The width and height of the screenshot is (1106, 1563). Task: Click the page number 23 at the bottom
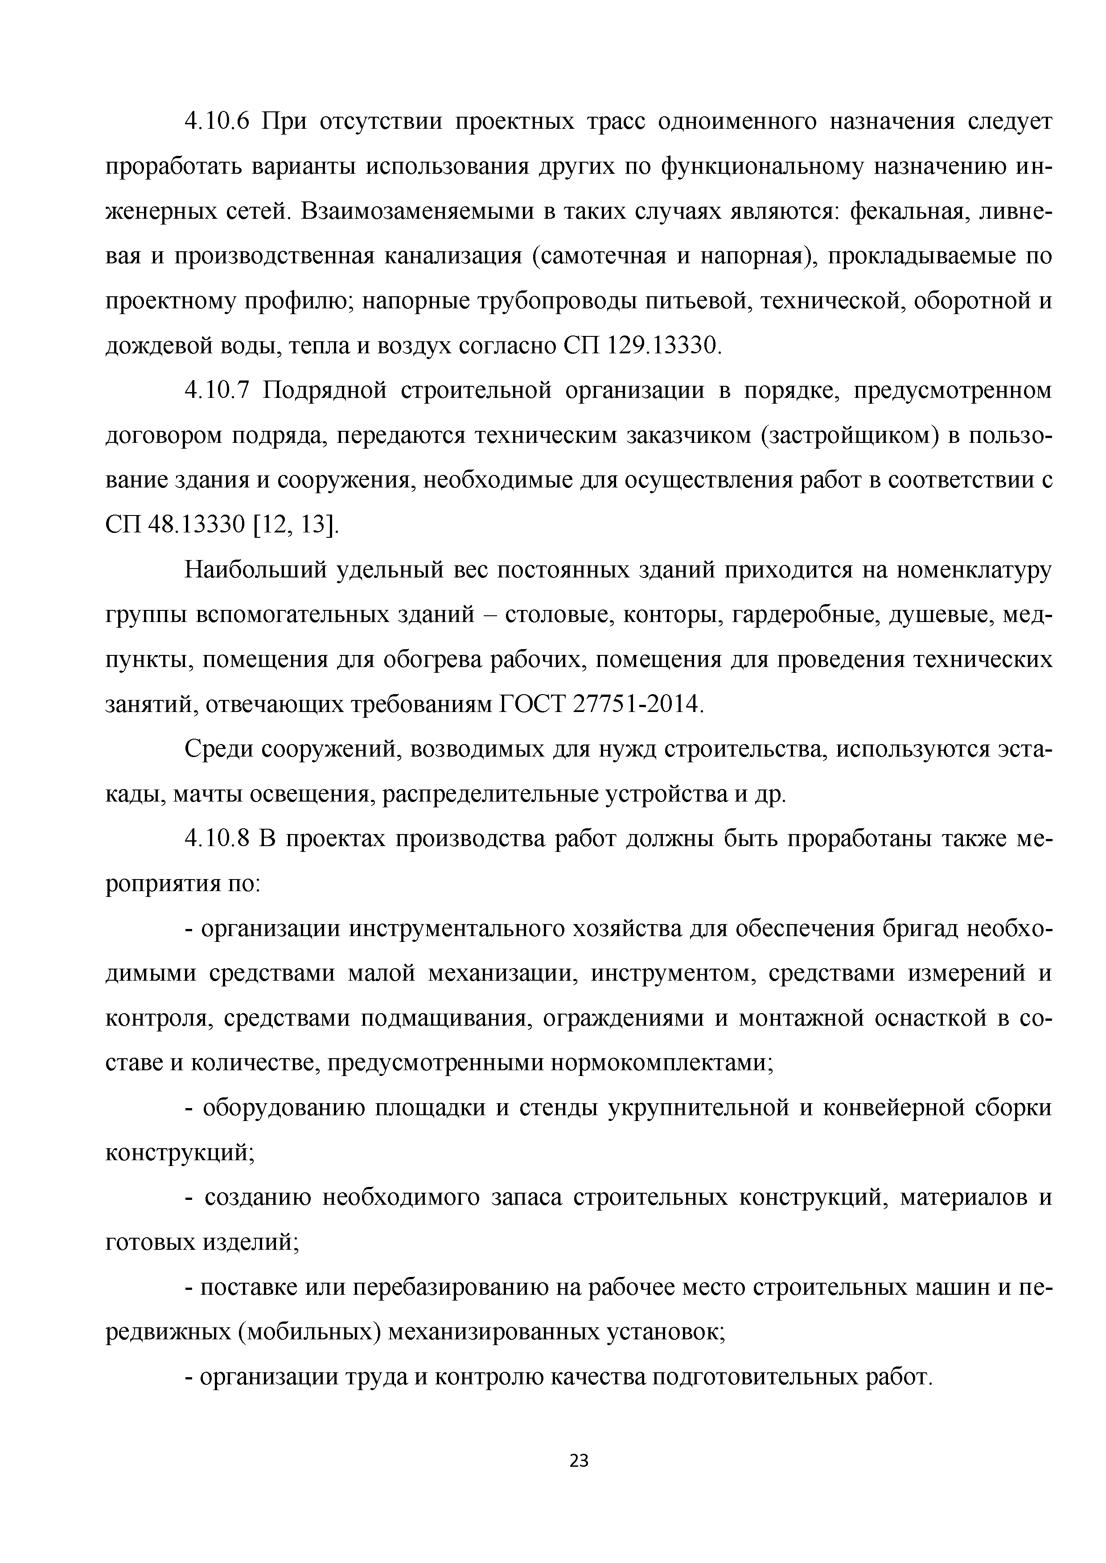(x=578, y=1460)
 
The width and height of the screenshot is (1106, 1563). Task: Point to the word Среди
(x=217, y=749)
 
